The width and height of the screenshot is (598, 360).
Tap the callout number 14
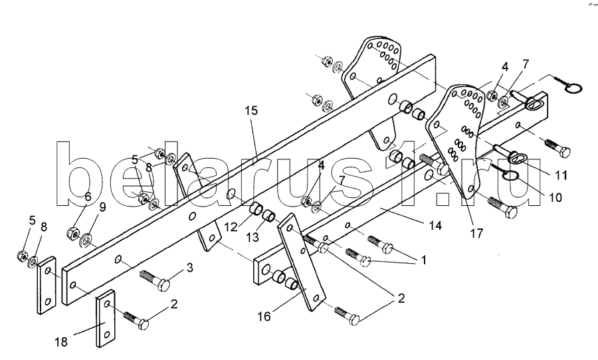pyautogui.click(x=434, y=226)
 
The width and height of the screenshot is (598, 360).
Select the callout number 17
pyautogui.click(x=476, y=233)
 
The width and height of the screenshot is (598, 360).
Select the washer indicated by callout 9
pyautogui.click(x=86, y=238)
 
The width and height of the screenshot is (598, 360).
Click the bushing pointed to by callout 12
pyautogui.click(x=255, y=211)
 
